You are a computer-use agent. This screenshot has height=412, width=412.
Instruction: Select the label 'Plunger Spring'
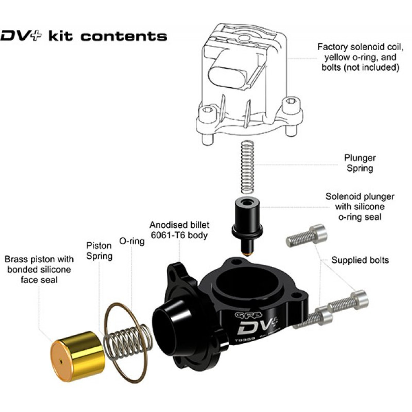coord(360,163)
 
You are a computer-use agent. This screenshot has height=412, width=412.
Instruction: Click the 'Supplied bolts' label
coord(360,260)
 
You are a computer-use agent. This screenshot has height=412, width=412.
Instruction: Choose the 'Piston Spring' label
coord(99,251)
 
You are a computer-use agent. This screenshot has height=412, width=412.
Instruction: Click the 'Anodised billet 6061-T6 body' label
coord(179,230)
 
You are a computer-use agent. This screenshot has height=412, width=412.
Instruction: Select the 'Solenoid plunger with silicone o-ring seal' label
coord(360,206)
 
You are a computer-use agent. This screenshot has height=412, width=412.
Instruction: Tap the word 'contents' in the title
coord(124,36)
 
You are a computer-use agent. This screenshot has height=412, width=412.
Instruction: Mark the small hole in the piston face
coord(61,361)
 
